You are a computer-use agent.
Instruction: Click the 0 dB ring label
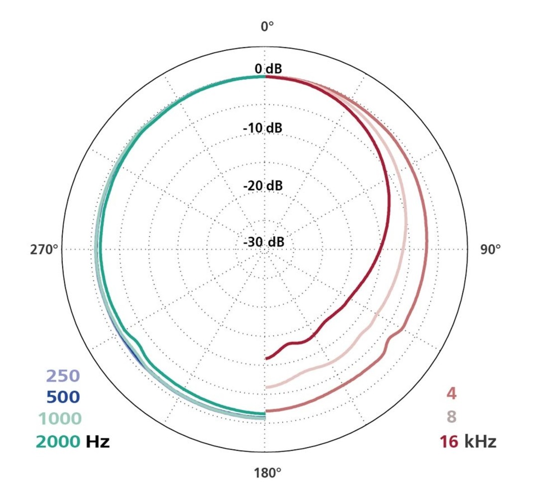[268, 69]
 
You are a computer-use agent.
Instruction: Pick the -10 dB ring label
[262, 128]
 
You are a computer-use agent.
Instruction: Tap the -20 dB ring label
[262, 186]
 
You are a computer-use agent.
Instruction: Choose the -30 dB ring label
[263, 243]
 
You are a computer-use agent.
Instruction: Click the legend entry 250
[63, 376]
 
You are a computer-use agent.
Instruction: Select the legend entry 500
[63, 397]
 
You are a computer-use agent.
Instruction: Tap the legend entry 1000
[59, 419]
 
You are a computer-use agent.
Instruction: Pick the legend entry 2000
[57, 441]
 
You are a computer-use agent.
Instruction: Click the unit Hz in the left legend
[98, 441]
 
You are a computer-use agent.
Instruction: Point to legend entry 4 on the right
[451, 394]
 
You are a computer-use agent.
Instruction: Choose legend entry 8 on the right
[451, 416]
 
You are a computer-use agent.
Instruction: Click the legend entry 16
[448, 441]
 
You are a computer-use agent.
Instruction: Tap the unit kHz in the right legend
[480, 441]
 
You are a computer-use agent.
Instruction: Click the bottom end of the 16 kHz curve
[267, 358]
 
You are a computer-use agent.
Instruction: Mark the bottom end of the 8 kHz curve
[267, 386]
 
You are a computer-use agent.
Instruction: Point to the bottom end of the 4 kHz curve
[267, 411]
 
